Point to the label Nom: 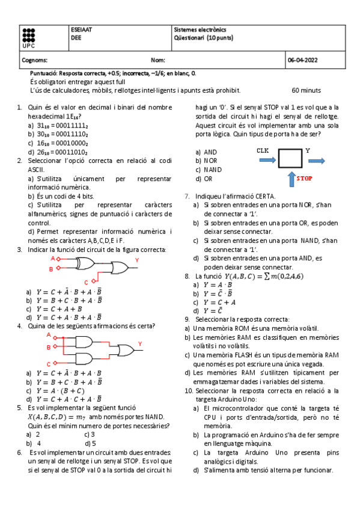pos(158,60)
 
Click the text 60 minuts pos(306,90)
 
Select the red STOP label pos(305,179)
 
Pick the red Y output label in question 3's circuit pos(136,260)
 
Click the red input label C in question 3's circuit pos(86,281)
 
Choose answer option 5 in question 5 pos(93,443)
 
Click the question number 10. pos(188,390)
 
